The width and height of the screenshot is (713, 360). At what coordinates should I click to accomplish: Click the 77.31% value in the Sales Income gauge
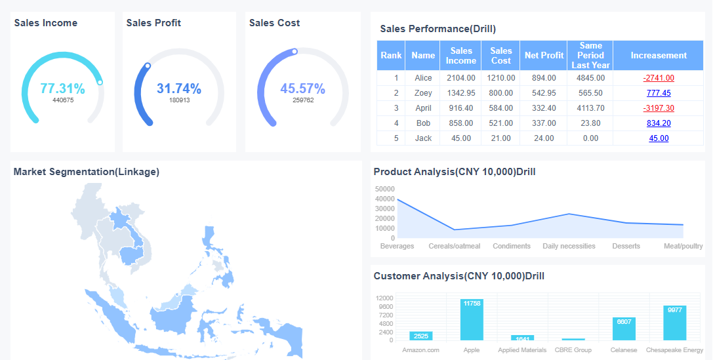pos(62,89)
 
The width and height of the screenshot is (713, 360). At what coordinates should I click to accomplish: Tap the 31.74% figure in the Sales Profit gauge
pos(179,89)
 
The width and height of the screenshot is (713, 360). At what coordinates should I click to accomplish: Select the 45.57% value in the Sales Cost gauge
pos(302,89)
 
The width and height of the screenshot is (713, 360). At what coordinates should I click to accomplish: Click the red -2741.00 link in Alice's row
pos(659,77)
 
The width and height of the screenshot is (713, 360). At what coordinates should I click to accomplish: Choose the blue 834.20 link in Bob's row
pos(659,123)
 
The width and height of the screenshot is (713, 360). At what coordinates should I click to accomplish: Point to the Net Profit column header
pos(544,56)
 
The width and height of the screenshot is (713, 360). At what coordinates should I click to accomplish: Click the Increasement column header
pos(659,56)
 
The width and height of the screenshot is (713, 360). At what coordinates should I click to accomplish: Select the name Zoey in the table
pos(423,92)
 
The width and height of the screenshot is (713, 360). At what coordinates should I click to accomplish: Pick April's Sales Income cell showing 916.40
pos(460,108)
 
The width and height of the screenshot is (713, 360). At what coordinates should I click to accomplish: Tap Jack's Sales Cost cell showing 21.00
pos(500,138)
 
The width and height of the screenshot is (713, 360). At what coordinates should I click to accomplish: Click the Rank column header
pos(391,56)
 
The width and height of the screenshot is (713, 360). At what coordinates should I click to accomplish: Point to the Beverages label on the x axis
pos(397,246)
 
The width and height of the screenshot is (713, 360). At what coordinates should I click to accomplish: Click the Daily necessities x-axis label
pos(569,246)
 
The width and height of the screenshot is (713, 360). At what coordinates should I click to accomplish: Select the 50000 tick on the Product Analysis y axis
pos(384,189)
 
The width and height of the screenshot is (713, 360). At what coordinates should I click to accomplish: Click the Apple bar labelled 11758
pos(472,319)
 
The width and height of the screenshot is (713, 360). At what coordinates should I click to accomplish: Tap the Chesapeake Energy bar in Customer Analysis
pos(674,323)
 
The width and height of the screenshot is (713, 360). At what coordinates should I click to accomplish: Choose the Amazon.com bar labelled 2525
pos(420,336)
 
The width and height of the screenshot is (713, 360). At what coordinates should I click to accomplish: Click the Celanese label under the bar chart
pos(623,350)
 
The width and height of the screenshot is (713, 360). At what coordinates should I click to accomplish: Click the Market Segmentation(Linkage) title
pos(86,172)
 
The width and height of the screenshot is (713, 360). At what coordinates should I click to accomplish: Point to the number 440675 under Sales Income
pos(63,100)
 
